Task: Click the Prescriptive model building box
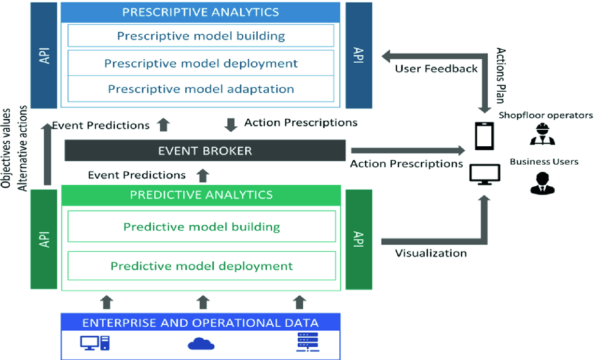click(201, 36)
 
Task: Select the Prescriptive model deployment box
click(201, 63)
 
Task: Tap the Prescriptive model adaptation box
click(201, 89)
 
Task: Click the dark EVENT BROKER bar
click(205, 151)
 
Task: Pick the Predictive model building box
click(202, 226)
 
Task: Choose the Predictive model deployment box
click(202, 266)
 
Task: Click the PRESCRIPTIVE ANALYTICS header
click(201, 12)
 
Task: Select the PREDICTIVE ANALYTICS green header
click(201, 195)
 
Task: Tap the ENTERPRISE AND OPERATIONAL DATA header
click(201, 322)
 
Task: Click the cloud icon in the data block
click(201, 343)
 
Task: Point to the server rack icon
click(302, 342)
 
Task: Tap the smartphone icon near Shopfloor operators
click(484, 136)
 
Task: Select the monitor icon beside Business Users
click(485, 174)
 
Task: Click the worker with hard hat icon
click(542, 135)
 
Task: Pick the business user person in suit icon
click(542, 183)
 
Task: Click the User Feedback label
click(436, 69)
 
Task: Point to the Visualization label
click(431, 253)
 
